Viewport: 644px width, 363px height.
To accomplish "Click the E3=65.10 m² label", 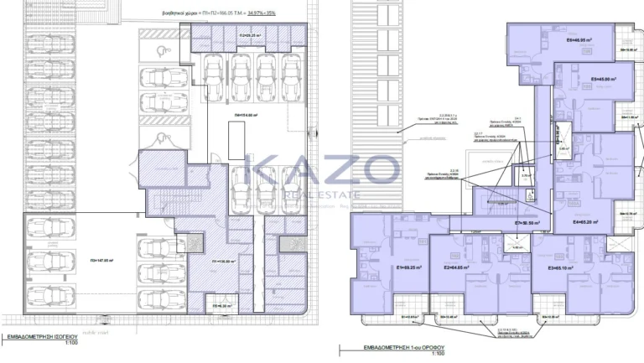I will click(x=560, y=268).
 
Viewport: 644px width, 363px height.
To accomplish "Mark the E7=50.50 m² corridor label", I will click(x=527, y=224).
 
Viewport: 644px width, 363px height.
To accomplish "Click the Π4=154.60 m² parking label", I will click(x=246, y=115).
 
